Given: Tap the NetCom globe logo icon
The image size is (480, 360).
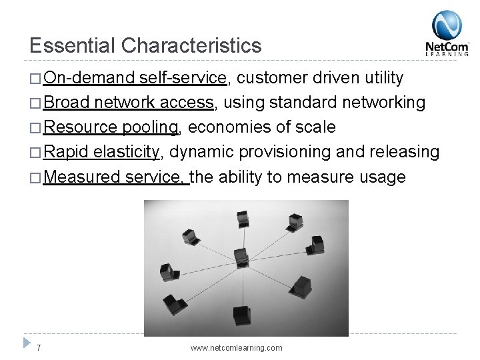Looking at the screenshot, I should coord(447,25).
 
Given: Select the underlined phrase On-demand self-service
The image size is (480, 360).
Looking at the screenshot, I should coord(136,79).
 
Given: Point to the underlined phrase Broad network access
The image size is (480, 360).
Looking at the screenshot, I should coord(129,103).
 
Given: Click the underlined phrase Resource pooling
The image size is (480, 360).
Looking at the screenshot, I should coord(111,127).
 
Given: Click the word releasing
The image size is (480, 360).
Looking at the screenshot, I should coord(405,152).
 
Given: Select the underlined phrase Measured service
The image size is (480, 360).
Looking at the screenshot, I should coord(116,177).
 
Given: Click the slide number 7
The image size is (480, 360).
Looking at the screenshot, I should coord(39,348).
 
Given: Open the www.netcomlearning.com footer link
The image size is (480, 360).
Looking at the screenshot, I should coord(236,348).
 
